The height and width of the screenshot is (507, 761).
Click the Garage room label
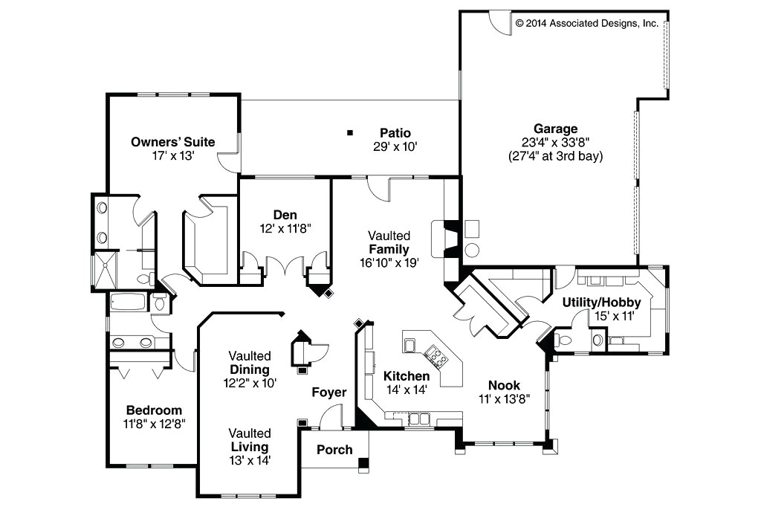[550, 129]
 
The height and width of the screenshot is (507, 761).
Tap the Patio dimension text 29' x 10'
[395, 146]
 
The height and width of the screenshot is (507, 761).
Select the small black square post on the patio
[349, 133]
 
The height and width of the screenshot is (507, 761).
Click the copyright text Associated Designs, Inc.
[587, 23]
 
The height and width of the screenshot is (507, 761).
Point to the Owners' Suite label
[173, 142]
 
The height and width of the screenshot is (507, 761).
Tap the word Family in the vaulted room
[389, 249]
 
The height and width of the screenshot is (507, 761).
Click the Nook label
[504, 385]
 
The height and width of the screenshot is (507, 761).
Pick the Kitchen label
[407, 376]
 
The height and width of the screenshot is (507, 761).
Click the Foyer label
[328, 392]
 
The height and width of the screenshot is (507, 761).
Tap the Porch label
[334, 450]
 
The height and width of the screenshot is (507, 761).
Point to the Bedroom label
[154, 410]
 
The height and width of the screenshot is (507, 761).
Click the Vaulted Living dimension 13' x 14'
[250, 460]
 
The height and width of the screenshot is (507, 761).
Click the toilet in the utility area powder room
[565, 340]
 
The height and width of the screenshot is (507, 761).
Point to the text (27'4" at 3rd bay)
[550, 157]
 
